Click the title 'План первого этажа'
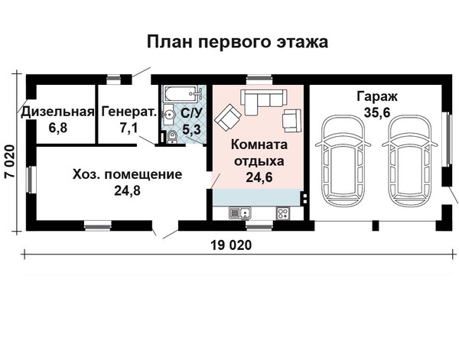pyautogui.click(x=237, y=42)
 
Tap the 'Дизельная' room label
pyautogui.click(x=58, y=112)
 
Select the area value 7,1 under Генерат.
pyautogui.click(x=129, y=128)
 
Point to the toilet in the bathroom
pyautogui.click(x=172, y=137)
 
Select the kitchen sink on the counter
pyautogui.click(x=240, y=213)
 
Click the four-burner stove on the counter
pyautogui.click(x=283, y=212)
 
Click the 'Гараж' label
pyautogui.click(x=377, y=96)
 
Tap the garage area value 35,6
pyautogui.click(x=377, y=112)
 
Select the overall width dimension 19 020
pyautogui.click(x=231, y=245)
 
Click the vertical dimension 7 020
pyautogui.click(x=10, y=161)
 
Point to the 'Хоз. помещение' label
pyautogui.click(x=127, y=174)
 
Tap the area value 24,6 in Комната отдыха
pyautogui.click(x=259, y=177)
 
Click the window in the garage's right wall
pyautogui.click(x=447, y=139)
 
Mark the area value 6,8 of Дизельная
pyautogui.click(x=58, y=128)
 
